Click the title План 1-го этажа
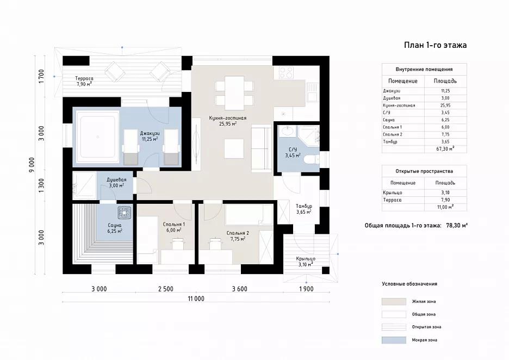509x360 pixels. pyautogui.click(x=435, y=45)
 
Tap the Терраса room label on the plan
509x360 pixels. pyautogui.click(x=84, y=78)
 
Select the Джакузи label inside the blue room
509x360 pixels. pyautogui.click(x=150, y=133)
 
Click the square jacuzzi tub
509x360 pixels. pyautogui.click(x=97, y=136)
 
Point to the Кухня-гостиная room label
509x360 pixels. pyautogui.click(x=227, y=118)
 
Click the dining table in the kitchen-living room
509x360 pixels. pyautogui.click(x=234, y=93)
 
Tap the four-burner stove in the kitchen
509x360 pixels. pyautogui.click(x=286, y=73)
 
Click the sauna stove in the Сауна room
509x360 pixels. pyautogui.click(x=124, y=213)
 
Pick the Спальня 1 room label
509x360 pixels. pyautogui.click(x=173, y=224)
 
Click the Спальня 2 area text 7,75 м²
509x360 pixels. pyautogui.click(x=238, y=239)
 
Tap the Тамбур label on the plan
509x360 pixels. pyautogui.click(x=304, y=206)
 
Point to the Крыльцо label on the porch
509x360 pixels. pyautogui.click(x=306, y=259)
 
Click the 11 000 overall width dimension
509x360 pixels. pyautogui.click(x=196, y=299)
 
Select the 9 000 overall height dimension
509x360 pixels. pyautogui.click(x=32, y=165)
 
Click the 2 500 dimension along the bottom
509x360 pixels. pyautogui.click(x=165, y=289)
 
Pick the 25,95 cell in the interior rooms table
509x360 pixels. pyautogui.click(x=445, y=105)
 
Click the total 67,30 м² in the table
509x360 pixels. pyautogui.click(x=445, y=149)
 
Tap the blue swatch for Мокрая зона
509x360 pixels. pyautogui.click(x=394, y=340)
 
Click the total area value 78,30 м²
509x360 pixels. pyautogui.click(x=457, y=225)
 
